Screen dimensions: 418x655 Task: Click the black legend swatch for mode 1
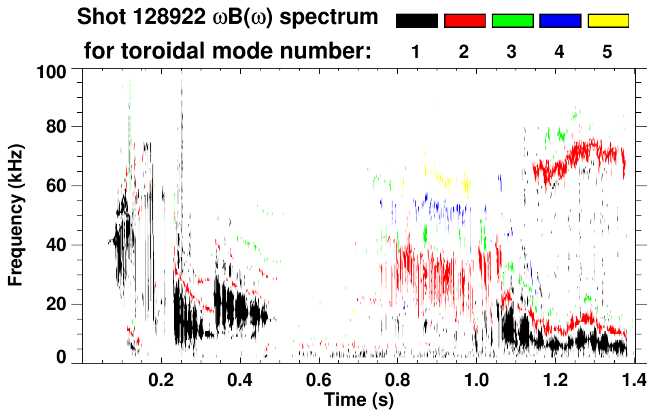(416, 21)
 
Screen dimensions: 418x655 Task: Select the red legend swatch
(465, 21)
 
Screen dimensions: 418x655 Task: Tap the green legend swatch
(512, 21)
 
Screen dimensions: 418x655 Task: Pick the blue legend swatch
(560, 21)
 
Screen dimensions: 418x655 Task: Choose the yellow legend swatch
(608, 21)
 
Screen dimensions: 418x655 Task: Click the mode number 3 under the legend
(511, 52)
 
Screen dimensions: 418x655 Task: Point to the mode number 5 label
(607, 52)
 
